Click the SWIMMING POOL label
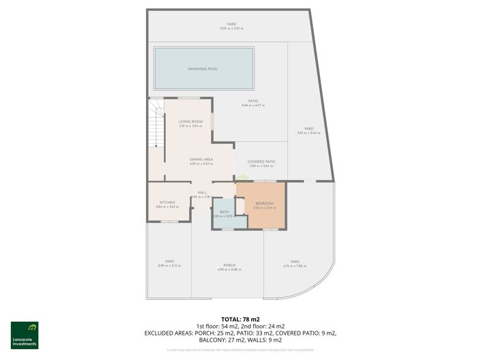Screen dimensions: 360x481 [203, 69]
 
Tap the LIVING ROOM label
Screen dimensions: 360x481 [190, 121]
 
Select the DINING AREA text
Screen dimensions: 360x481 [201, 159]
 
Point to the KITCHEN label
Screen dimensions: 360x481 [167, 202]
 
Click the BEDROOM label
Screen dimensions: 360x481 [264, 204]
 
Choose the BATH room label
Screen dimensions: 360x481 [223, 213]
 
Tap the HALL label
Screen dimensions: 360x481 [202, 193]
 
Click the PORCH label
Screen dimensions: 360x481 [229, 265]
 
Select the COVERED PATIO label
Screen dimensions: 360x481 [262, 162]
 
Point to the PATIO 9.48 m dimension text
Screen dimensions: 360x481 [254, 106]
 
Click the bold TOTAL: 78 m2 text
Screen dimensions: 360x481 [240, 319]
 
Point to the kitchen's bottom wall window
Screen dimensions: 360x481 [169, 222]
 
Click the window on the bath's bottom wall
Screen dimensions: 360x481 [227, 230]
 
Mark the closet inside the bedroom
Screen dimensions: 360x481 [240, 205]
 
